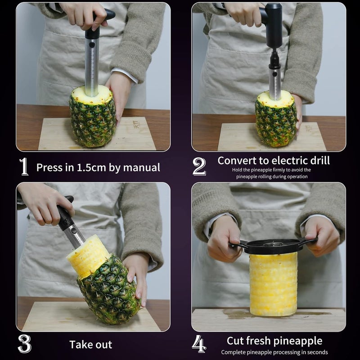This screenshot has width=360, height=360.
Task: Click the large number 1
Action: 24,167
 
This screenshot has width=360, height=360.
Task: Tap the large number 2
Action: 199,167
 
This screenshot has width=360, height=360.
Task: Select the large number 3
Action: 24,344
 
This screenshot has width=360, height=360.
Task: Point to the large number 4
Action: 199,344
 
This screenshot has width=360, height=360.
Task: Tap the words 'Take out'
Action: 90,345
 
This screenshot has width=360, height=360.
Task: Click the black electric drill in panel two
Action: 273,27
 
